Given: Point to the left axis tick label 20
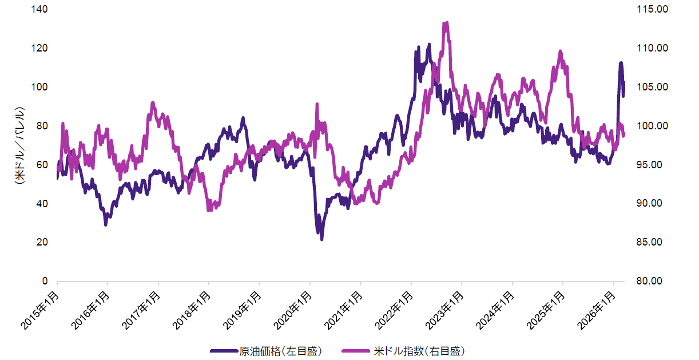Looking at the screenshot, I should [42, 242].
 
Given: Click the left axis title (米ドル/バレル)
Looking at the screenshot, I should [19, 145].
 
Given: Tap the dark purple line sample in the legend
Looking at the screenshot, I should [224, 350].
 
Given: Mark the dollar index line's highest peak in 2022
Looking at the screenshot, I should [446, 23].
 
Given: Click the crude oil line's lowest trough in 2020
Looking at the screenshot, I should [321, 239].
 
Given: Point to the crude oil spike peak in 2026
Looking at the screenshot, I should [621, 63].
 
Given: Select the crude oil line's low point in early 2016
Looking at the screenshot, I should [106, 224].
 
